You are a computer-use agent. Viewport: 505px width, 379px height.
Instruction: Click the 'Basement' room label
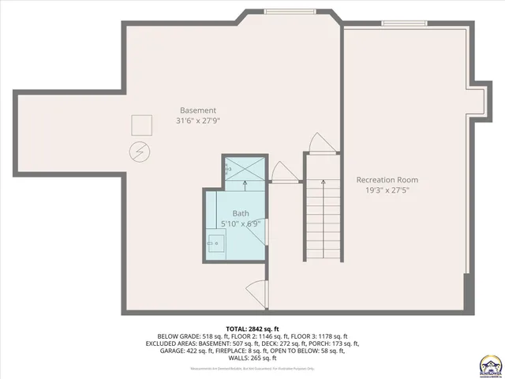click(197, 110)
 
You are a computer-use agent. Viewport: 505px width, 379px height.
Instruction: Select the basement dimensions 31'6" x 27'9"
click(197, 121)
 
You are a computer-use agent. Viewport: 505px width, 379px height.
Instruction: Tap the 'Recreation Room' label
click(387, 179)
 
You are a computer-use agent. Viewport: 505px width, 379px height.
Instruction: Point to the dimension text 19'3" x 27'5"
click(387, 190)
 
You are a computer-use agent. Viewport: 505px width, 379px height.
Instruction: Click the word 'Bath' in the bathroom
click(240, 213)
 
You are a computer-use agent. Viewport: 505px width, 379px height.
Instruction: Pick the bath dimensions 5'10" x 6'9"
click(240, 224)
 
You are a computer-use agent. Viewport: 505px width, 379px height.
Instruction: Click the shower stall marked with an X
click(244, 169)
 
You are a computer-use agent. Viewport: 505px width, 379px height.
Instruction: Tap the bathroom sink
click(214, 243)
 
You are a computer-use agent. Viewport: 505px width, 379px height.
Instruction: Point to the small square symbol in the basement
click(141, 125)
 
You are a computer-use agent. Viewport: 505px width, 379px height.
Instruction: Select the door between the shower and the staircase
click(280, 173)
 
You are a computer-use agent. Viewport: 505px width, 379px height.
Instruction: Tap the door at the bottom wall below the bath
click(256, 291)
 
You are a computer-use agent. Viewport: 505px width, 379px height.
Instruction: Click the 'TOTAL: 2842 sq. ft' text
click(252, 328)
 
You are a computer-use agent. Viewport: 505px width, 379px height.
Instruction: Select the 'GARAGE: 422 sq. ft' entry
click(180, 351)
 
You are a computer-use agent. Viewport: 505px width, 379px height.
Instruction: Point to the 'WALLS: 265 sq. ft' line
click(252, 358)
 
